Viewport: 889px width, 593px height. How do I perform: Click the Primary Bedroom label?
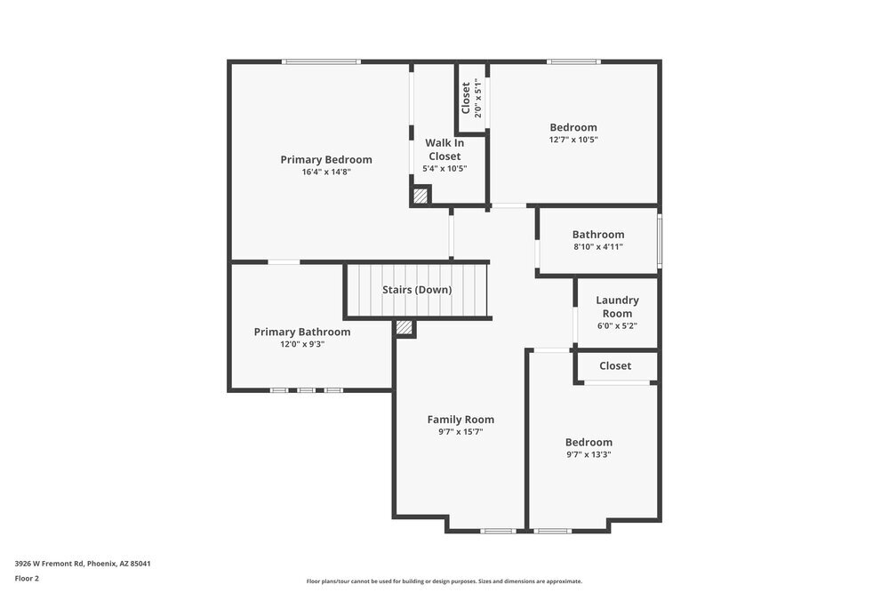click(x=326, y=160)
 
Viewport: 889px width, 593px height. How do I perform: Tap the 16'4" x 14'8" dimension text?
click(x=326, y=172)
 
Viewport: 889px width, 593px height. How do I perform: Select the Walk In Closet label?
click(x=444, y=149)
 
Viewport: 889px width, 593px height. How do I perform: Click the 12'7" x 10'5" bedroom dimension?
click(x=573, y=140)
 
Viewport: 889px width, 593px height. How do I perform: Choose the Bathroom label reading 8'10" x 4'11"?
click(x=598, y=234)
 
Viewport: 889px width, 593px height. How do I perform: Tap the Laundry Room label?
click(x=617, y=307)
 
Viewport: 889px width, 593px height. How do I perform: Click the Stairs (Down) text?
click(x=417, y=290)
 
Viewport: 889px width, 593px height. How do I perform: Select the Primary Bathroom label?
click(x=302, y=332)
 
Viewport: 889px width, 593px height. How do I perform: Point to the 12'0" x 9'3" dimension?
click(x=302, y=344)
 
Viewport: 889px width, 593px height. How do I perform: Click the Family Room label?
click(x=461, y=420)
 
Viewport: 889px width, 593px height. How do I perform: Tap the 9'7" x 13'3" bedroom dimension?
click(x=589, y=454)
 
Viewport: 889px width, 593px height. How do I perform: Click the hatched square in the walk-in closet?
click(x=420, y=196)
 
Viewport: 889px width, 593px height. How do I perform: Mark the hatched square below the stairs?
click(x=404, y=328)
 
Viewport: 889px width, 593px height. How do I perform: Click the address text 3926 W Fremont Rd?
click(x=49, y=564)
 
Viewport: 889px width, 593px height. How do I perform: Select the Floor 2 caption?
click(x=27, y=579)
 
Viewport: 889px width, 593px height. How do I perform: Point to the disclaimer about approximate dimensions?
click(x=444, y=581)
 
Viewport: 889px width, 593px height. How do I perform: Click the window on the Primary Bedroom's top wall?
click(x=321, y=61)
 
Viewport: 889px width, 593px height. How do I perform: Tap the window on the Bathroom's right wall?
click(x=660, y=240)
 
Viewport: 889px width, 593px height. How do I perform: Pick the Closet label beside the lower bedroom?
click(x=615, y=366)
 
